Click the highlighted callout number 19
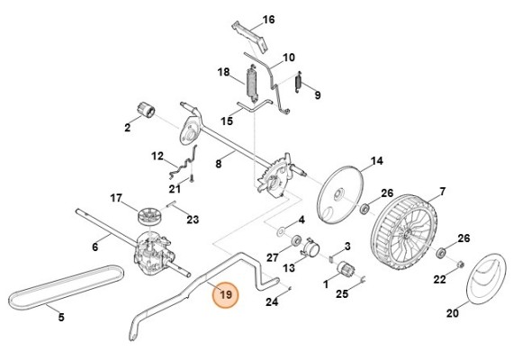226,294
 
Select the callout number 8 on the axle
217,165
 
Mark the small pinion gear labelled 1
343,270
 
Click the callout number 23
192,219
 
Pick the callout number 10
288,58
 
